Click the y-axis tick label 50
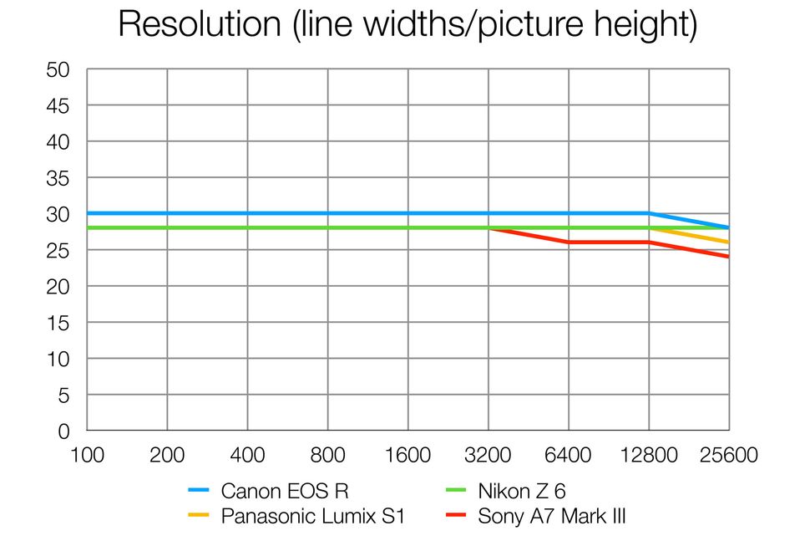58,70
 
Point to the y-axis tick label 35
58,178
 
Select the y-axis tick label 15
58,323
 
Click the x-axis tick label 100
88,456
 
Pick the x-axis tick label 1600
408,456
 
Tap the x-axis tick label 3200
488,456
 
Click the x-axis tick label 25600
727,456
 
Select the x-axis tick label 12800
649,456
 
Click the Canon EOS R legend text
286,492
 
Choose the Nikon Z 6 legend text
522,492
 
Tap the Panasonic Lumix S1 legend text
312,517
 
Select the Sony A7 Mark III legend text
551,517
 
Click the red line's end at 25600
728,257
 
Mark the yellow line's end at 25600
728,242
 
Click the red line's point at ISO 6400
569,242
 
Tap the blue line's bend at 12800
649,213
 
